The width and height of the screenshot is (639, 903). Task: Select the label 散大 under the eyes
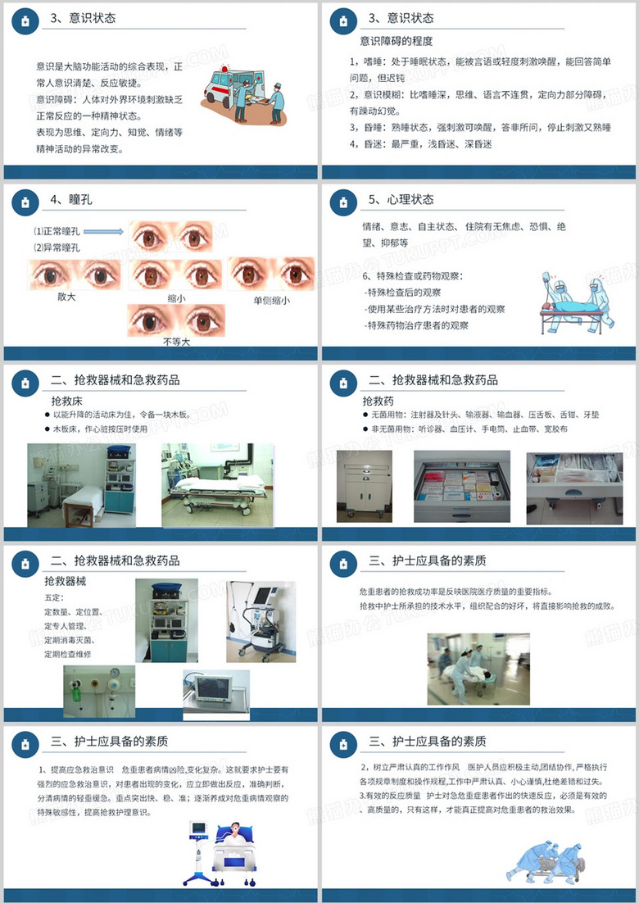66,297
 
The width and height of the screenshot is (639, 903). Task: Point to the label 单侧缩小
271,301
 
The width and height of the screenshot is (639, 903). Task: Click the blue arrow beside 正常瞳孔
103,232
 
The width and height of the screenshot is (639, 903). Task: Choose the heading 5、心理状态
401,199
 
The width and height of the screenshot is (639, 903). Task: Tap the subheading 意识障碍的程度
397,41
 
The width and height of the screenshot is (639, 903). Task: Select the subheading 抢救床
67,401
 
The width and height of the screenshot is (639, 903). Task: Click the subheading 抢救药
378,401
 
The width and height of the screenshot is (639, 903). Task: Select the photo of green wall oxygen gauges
99,691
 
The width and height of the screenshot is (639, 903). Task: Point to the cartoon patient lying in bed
238,851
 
